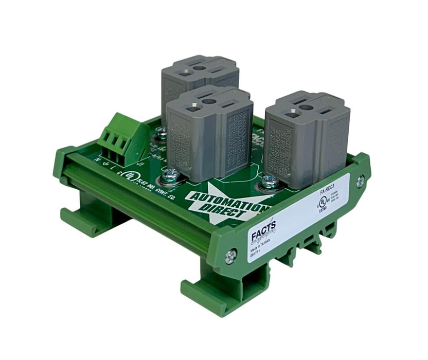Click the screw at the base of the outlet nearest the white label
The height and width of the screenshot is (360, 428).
267,181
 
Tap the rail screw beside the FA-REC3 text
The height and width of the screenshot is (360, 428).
360,181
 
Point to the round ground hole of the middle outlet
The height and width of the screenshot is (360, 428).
207,100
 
